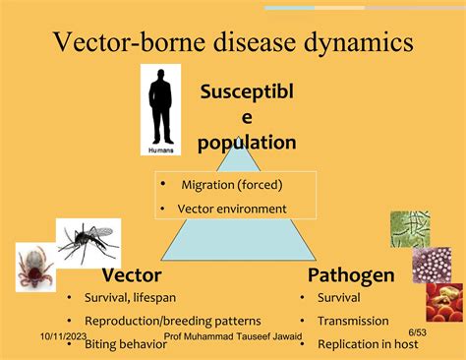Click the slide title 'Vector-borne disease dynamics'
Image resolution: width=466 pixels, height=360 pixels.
tap(232, 42)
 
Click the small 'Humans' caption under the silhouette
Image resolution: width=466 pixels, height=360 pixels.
tap(159, 150)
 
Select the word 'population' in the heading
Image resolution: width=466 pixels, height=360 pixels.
tap(247, 143)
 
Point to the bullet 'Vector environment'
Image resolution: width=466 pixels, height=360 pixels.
tap(231, 209)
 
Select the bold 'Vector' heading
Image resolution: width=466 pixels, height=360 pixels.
tap(132, 275)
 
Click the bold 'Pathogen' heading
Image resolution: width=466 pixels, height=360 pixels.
tap(352, 275)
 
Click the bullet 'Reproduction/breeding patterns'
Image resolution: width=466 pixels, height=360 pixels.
tap(172, 321)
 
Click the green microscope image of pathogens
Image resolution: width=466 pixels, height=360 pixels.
tap(410, 229)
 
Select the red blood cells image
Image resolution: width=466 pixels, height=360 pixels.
tap(444, 302)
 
